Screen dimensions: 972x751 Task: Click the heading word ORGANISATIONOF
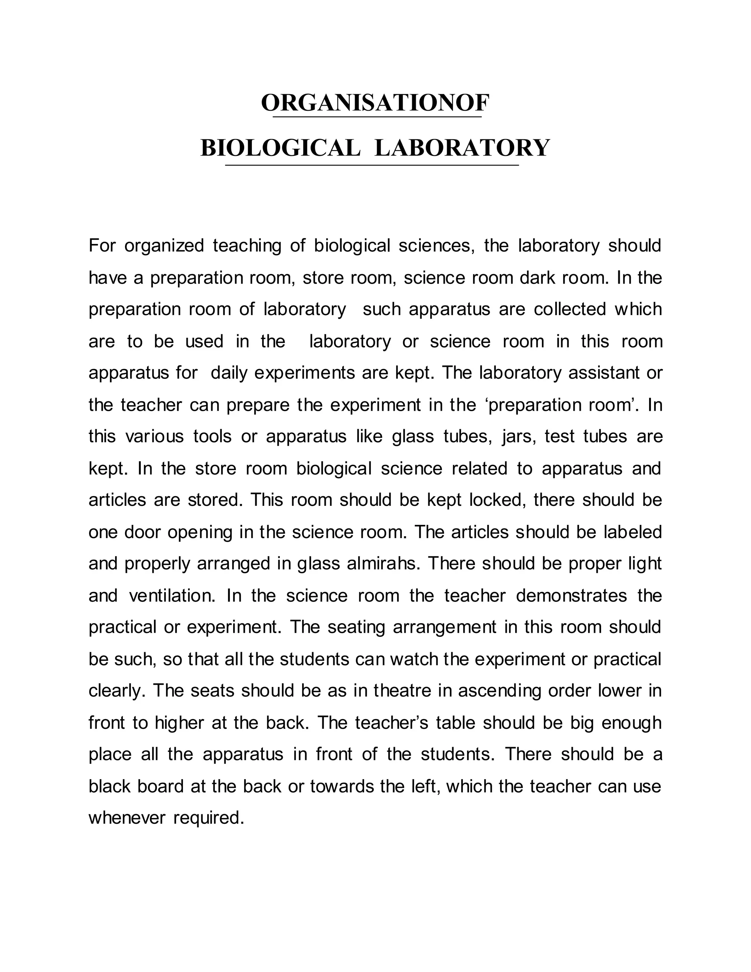(375, 103)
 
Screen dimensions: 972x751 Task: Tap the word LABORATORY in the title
(462, 148)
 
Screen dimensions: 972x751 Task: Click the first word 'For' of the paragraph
(102, 246)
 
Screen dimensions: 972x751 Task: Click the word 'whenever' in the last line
(127, 818)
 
